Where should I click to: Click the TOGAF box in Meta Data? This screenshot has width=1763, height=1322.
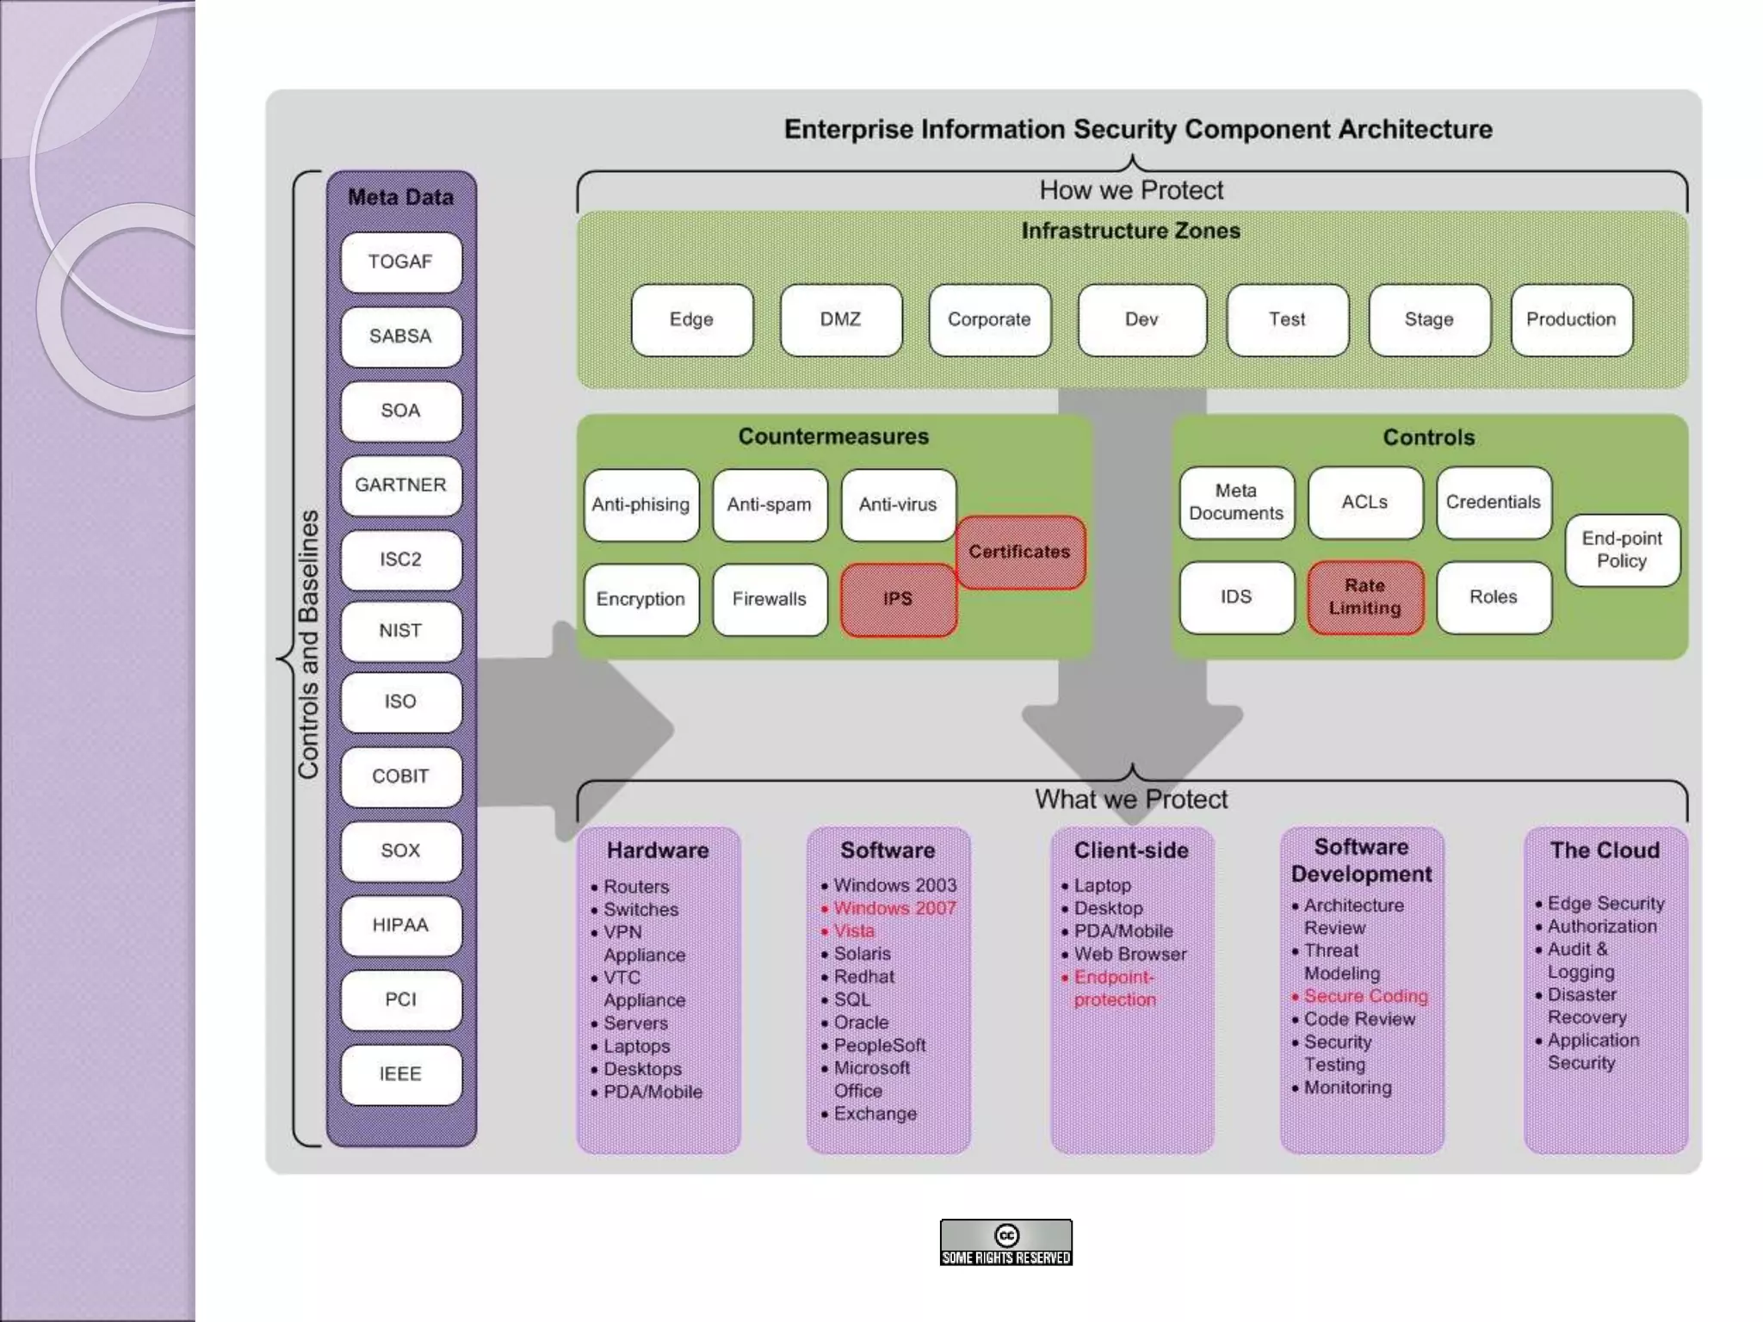tap(400, 262)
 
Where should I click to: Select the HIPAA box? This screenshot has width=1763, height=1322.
tap(400, 925)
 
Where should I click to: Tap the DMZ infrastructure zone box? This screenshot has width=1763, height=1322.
tap(840, 319)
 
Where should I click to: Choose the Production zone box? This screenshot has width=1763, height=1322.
tap(1571, 319)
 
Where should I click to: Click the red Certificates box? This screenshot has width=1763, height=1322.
tap(1019, 552)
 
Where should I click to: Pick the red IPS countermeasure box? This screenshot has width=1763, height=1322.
tap(897, 599)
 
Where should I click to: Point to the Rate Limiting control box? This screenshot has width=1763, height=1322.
tap(1364, 596)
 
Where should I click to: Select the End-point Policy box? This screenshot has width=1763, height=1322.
tap(1622, 550)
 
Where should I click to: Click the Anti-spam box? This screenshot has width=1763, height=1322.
tap(769, 504)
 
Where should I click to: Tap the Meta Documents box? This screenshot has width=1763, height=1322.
tap(1236, 502)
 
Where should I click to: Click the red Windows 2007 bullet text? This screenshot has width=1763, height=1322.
tap(894, 908)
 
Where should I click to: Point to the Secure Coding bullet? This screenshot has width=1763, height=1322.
tap(1364, 996)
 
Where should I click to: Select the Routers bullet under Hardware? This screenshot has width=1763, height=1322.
tap(635, 886)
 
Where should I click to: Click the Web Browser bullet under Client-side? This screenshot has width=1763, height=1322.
tap(1129, 954)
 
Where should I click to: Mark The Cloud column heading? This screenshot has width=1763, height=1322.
tap(1605, 850)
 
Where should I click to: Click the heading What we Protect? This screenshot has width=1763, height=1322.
tap(1130, 800)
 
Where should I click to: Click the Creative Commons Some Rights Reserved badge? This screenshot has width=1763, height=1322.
tap(1005, 1242)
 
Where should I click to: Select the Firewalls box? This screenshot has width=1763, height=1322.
tap(769, 599)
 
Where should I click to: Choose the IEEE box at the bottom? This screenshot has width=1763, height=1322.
tap(400, 1074)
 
